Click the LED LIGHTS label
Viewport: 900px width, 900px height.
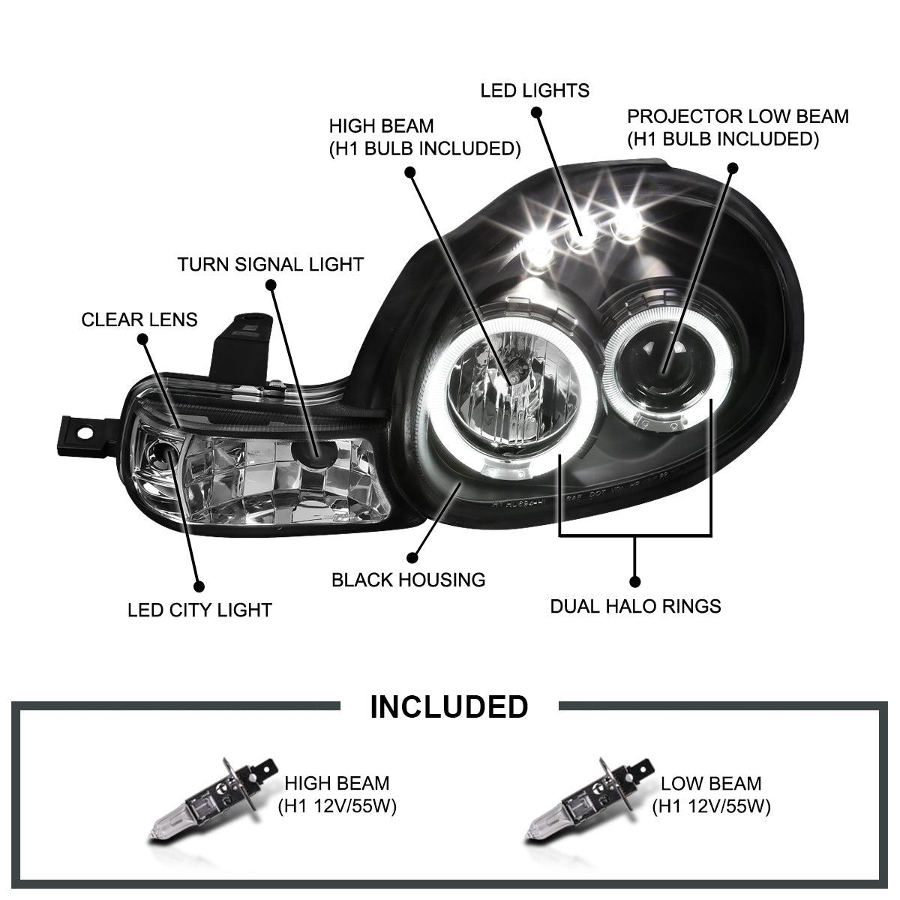(x=535, y=91)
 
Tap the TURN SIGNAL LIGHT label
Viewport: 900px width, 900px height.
(x=270, y=264)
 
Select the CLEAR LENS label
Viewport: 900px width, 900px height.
(x=139, y=319)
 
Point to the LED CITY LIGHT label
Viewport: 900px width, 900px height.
(x=199, y=610)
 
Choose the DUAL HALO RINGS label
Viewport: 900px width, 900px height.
(x=635, y=606)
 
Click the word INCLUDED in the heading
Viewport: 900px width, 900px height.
(x=449, y=706)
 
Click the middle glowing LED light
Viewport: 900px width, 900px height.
(x=580, y=238)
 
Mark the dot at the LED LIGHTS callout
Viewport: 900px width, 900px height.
(x=536, y=112)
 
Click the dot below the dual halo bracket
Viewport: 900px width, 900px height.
(x=635, y=580)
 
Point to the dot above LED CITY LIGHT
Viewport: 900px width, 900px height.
(x=199, y=587)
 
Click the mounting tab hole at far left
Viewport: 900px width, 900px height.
(x=85, y=433)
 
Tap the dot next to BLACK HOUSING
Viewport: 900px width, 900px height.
(x=411, y=557)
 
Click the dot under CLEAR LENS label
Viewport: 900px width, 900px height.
(x=144, y=340)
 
